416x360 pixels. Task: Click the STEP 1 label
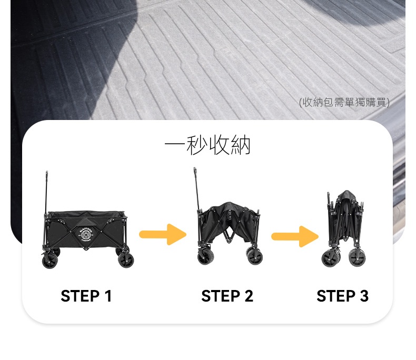click(x=86, y=296)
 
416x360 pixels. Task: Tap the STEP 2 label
click(x=227, y=296)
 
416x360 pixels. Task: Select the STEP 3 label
click(x=342, y=296)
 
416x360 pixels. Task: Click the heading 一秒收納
click(x=207, y=145)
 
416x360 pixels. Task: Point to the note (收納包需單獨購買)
click(x=344, y=102)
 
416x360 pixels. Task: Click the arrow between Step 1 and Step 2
click(x=163, y=234)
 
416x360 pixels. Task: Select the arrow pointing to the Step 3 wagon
click(x=295, y=236)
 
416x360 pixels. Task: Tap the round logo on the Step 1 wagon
click(x=85, y=234)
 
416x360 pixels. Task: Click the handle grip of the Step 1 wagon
click(x=47, y=175)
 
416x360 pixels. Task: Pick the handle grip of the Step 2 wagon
click(x=195, y=172)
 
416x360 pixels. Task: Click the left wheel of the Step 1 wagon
click(x=50, y=261)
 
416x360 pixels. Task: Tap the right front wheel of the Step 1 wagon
click(x=126, y=260)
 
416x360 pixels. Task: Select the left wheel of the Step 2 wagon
click(x=205, y=257)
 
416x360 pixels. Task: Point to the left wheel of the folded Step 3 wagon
click(x=330, y=259)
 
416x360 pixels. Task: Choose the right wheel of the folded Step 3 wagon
click(x=357, y=257)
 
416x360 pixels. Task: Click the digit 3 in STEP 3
click(x=364, y=296)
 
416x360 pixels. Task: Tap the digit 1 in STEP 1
click(x=108, y=296)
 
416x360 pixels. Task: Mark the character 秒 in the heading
click(x=197, y=145)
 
